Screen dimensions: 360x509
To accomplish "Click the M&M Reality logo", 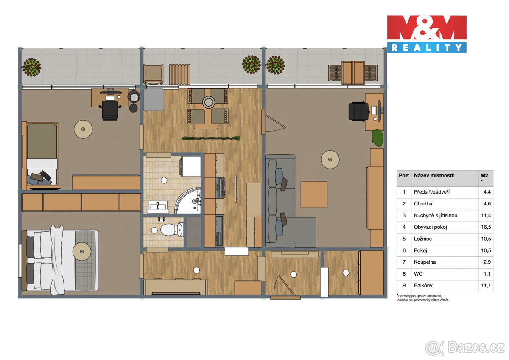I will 426,34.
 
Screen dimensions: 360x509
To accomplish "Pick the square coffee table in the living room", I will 314,194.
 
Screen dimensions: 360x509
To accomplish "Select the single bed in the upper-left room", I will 41,155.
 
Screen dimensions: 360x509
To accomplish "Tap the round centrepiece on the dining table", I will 208,102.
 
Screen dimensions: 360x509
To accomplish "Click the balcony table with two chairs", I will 353,72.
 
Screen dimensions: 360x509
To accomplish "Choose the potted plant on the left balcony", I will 32,67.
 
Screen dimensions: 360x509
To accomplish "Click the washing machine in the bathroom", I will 191,166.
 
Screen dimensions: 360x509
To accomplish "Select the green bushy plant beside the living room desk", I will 378,138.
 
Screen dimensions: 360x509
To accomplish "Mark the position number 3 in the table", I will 404,215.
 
